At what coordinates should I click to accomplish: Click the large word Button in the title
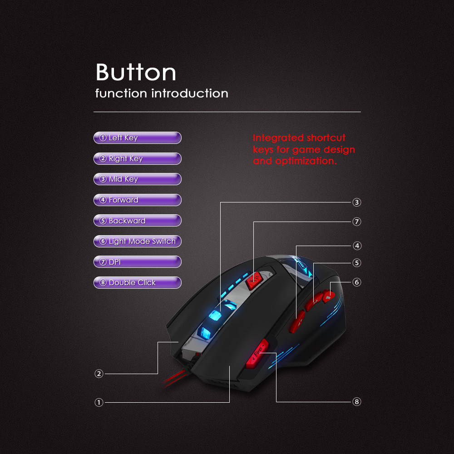tap(136, 72)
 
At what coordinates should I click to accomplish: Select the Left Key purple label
tap(138, 138)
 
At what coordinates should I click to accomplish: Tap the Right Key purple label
tap(138, 158)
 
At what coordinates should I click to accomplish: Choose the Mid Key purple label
tap(138, 179)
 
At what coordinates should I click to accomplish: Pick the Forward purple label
tap(138, 200)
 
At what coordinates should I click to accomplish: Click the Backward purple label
tap(138, 221)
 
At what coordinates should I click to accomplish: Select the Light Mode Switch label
tap(138, 242)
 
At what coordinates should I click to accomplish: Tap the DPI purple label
tap(138, 262)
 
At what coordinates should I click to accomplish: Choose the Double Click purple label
tap(138, 283)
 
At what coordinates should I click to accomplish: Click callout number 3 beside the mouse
tap(357, 202)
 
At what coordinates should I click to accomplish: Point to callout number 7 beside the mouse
tap(357, 222)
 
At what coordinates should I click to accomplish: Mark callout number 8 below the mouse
tap(357, 402)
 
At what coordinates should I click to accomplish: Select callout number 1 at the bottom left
tap(99, 402)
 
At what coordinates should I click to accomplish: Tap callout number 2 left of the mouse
tap(99, 374)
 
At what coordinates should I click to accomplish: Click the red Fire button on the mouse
tap(257, 354)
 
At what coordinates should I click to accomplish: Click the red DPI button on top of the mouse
tap(254, 280)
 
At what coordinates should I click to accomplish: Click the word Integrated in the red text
tap(278, 138)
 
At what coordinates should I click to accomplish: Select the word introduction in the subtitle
tap(190, 94)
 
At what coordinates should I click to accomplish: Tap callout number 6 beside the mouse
tap(357, 282)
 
